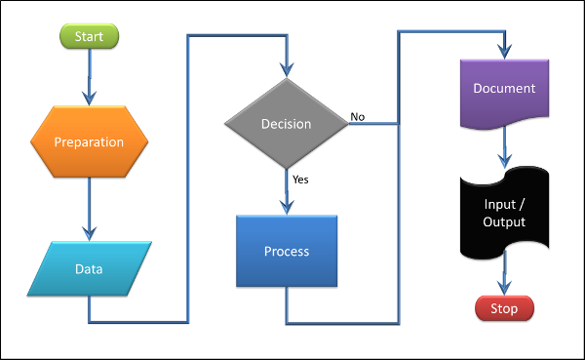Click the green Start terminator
[x=89, y=36]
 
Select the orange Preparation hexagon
[x=89, y=141]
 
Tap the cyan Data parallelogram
[x=90, y=268]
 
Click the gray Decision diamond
[x=286, y=124]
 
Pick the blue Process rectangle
[x=287, y=252]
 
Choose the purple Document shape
[x=504, y=94]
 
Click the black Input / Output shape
[x=504, y=213]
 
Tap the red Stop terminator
[x=504, y=309]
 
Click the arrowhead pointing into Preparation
[x=89, y=98]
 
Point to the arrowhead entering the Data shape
[x=89, y=234]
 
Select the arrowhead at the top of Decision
[x=286, y=69]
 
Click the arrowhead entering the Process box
[x=286, y=207]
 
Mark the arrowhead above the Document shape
[x=504, y=48]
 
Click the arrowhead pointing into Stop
[x=504, y=288]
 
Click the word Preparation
[x=89, y=141]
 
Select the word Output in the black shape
[x=504, y=222]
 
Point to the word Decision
[x=286, y=124]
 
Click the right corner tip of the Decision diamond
[x=347, y=124]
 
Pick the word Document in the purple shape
[x=504, y=89]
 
